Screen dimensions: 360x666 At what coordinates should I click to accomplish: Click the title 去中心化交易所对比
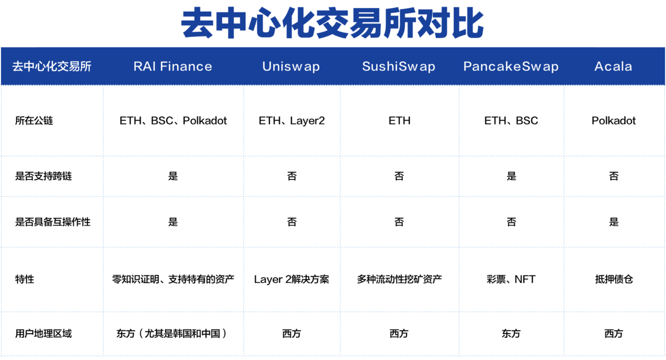click(333, 24)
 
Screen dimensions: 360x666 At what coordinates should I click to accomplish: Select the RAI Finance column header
click(172, 66)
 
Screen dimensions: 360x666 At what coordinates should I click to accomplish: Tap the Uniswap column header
click(291, 66)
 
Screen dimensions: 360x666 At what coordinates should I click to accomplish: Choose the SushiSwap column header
click(399, 66)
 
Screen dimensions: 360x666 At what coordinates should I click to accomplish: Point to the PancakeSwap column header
click(511, 66)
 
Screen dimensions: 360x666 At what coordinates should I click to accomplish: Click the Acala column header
click(613, 66)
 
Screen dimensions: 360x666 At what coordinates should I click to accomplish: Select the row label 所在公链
click(34, 121)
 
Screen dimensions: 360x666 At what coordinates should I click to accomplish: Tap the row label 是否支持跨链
click(44, 176)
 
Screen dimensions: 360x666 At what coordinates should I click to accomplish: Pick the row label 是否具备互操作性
click(53, 222)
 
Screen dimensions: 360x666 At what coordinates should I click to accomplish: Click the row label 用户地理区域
click(44, 333)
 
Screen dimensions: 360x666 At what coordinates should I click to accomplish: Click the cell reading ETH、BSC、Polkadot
click(173, 121)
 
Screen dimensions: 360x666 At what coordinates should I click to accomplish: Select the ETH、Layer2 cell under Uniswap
click(291, 121)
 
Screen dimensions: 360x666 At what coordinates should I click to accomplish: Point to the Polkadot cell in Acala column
click(613, 121)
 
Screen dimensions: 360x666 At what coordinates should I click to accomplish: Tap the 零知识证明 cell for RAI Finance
click(173, 279)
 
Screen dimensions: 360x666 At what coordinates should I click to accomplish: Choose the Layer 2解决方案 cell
click(291, 279)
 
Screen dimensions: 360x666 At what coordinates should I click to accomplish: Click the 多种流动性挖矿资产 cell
click(399, 279)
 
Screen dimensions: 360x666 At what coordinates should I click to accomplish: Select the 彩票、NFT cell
click(511, 279)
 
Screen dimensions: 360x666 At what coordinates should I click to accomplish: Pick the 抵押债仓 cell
click(613, 279)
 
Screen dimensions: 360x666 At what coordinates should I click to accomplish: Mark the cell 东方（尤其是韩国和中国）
click(173, 333)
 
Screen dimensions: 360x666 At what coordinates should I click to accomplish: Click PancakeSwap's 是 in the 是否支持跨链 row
click(511, 176)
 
